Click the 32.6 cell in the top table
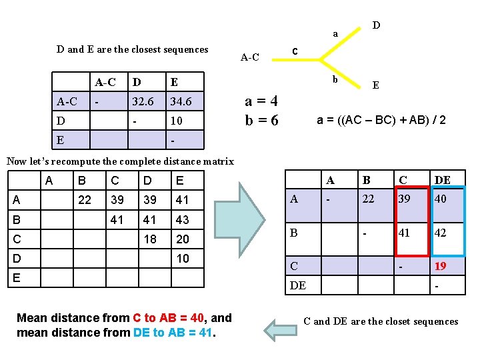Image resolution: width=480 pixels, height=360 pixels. (x=143, y=102)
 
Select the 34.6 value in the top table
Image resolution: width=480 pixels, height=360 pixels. (x=181, y=102)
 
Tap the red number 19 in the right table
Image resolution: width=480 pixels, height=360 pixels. (x=441, y=266)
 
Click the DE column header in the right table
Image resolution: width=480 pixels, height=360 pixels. (x=443, y=179)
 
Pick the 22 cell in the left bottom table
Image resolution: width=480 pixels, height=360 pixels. (x=85, y=200)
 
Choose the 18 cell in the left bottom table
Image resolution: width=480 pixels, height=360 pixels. (x=151, y=239)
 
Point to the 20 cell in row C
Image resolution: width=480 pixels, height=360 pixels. (x=183, y=239)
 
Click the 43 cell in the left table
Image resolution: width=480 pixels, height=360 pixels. (x=183, y=219)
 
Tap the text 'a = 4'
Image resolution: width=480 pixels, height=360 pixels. (x=261, y=102)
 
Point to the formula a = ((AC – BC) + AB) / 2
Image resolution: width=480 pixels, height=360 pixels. (x=381, y=120)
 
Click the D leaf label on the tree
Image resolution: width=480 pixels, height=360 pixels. (x=376, y=25)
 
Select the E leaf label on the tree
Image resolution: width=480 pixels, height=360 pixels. (x=376, y=85)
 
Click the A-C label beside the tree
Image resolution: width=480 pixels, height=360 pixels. (x=250, y=57)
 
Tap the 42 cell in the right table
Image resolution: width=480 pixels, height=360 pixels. (x=441, y=233)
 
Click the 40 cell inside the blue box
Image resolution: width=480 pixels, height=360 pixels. (x=441, y=199)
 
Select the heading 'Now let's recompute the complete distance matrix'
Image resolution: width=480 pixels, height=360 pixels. (x=120, y=161)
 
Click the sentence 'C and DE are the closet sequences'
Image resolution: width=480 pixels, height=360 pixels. (x=381, y=321)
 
